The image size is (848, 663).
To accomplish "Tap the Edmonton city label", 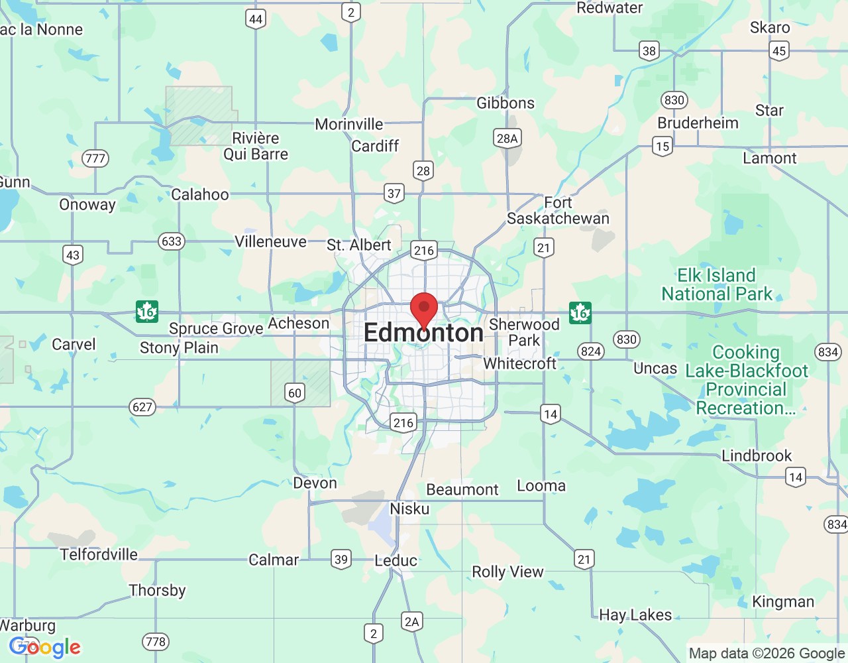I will coord(424,333).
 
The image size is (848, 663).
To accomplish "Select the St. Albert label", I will coord(359,245).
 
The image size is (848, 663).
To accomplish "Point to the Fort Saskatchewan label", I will coord(558,211).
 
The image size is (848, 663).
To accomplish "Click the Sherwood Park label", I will coord(524,332).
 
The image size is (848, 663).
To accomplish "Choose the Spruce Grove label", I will coord(216,329).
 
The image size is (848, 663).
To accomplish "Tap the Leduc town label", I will coord(396,561).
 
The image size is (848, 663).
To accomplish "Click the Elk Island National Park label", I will coord(717,284).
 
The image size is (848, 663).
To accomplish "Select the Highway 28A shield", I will coord(507,138).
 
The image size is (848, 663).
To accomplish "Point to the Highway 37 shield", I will coord(394,194).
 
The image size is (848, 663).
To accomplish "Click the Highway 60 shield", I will coord(295,392).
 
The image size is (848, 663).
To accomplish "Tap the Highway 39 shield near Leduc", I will coord(341,559).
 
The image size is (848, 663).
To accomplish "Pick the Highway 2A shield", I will coord(412,621).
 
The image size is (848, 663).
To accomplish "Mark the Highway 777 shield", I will coord(95,158).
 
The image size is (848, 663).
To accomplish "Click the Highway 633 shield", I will coord(172,241).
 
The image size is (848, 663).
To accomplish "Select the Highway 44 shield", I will coord(256,19).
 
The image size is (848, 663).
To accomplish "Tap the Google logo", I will coord(44,647).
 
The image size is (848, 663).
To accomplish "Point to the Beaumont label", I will coord(462,490).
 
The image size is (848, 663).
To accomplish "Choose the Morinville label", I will coord(348,125).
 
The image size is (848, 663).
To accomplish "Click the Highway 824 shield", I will coord(590,351).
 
